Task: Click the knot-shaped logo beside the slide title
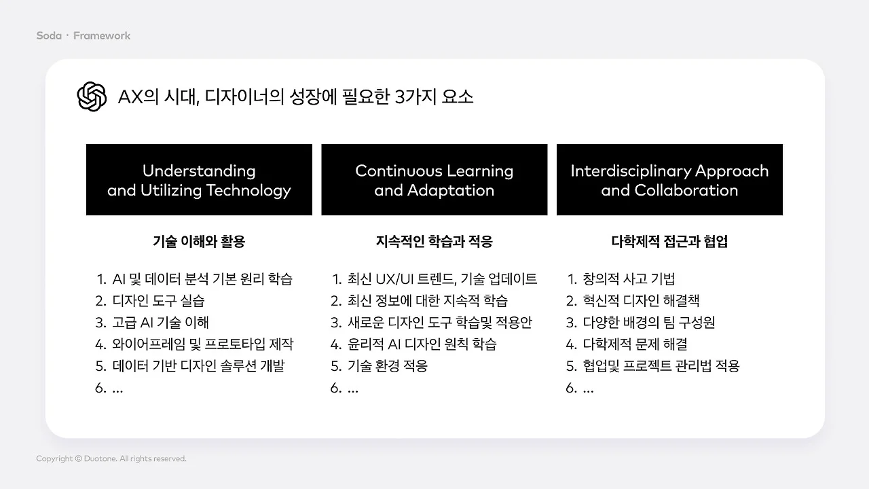point(92,96)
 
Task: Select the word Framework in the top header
point(102,35)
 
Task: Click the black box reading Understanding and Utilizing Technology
point(199,180)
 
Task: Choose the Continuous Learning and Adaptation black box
point(434,180)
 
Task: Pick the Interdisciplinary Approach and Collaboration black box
point(669,180)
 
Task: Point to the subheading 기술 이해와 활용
point(199,241)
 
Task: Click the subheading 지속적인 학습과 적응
point(434,241)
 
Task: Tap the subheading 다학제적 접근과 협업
point(669,241)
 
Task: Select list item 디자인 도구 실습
point(158,301)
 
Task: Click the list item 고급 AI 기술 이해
point(161,323)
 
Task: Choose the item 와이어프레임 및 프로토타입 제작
point(202,344)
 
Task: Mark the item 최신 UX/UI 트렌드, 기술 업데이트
point(442,279)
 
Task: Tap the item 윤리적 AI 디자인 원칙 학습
point(422,344)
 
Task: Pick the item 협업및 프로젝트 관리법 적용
point(661,366)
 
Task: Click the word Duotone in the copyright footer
point(100,459)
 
